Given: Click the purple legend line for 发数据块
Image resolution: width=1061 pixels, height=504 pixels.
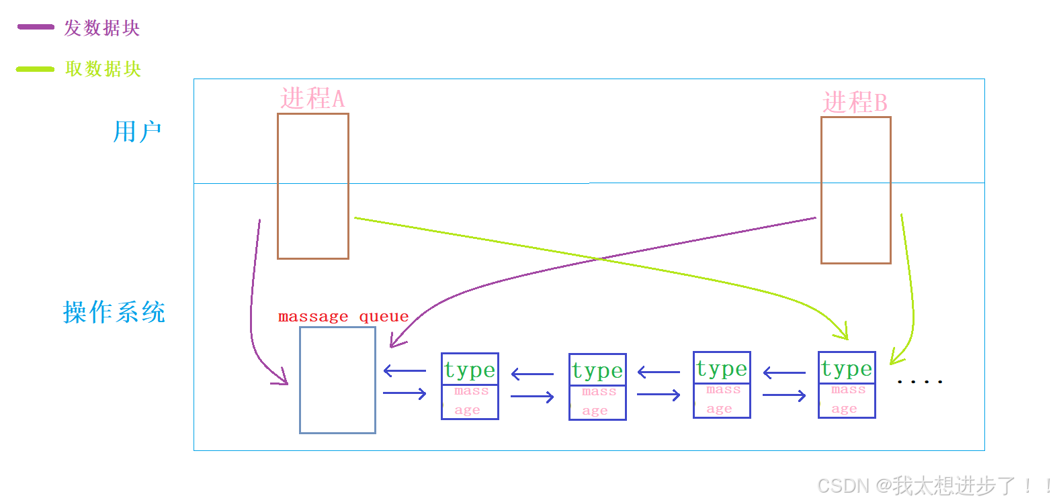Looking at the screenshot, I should click(36, 28).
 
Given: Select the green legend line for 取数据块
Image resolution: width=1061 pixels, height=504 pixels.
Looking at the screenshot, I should click(35, 69).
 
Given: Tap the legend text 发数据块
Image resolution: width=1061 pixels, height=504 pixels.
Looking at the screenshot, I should click(102, 28).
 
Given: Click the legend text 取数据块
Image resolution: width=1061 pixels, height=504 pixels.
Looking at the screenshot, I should click(103, 69).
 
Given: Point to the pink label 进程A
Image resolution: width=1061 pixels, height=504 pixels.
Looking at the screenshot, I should click(312, 99).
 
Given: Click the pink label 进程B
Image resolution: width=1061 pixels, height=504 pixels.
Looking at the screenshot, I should click(855, 103).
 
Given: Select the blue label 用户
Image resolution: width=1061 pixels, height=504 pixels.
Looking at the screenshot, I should click(137, 132).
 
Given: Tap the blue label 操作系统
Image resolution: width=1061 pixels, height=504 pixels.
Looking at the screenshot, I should click(114, 312).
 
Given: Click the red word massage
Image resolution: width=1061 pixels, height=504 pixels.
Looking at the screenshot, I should click(313, 317).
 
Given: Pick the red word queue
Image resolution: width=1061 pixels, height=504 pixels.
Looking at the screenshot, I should click(384, 317).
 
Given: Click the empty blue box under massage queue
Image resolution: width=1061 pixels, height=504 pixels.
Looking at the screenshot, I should click(337, 380).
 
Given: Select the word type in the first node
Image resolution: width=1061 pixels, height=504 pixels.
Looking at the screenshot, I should click(470, 370).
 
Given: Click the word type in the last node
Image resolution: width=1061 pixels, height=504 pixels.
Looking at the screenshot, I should click(847, 368).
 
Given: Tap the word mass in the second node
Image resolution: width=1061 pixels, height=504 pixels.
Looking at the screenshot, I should click(599, 391).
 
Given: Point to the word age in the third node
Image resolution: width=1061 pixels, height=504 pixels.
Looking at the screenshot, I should click(719, 409).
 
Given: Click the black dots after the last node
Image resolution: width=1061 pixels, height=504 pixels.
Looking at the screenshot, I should click(919, 381).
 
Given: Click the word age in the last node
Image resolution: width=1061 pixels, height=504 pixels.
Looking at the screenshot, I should click(844, 409).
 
